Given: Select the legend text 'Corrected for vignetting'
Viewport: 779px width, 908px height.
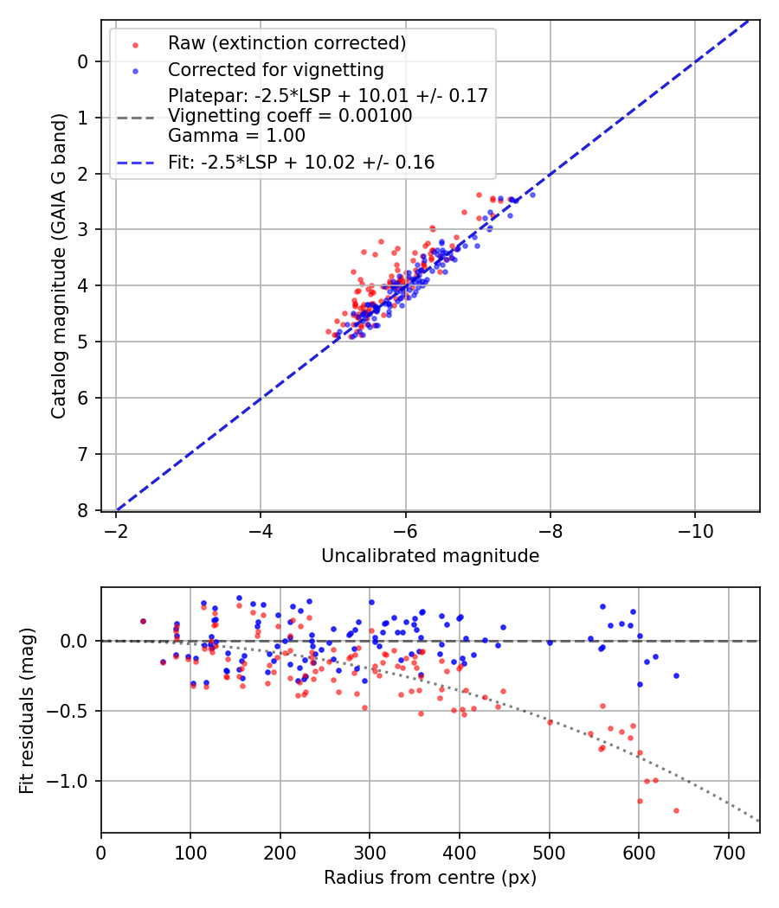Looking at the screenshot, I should click(276, 69).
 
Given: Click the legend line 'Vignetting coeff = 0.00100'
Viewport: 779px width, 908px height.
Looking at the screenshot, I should click(290, 116).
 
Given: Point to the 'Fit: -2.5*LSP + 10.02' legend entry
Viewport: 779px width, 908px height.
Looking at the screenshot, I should click(301, 162).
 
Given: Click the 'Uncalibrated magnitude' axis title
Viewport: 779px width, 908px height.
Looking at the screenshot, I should click(430, 556).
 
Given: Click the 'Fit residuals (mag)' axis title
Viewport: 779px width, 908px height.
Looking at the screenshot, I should click(27, 710).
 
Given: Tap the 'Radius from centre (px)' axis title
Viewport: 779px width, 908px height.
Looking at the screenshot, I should click(430, 878).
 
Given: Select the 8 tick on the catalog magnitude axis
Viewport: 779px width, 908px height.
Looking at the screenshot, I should click(83, 510).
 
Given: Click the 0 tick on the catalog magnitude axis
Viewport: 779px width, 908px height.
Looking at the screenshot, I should click(83, 61).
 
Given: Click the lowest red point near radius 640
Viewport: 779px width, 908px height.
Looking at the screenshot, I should click(676, 810).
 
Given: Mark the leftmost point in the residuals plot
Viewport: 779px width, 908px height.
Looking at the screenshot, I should click(143, 621).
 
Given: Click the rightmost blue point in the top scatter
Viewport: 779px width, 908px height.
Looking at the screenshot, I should click(531, 195).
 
